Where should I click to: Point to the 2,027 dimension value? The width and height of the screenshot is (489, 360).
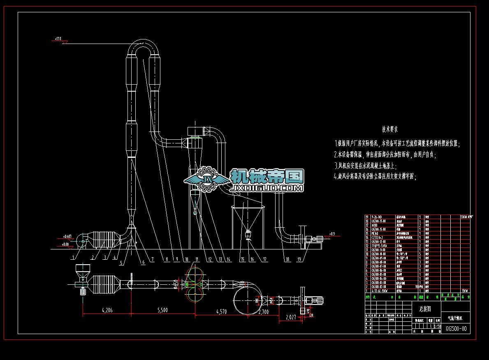(291, 317)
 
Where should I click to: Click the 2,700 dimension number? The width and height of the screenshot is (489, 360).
(263, 312)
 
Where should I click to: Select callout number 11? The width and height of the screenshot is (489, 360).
(197, 259)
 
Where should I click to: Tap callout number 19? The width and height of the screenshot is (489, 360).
(299, 259)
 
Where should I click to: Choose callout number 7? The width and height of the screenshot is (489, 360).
(152, 259)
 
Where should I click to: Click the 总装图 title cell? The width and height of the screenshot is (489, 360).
(425, 307)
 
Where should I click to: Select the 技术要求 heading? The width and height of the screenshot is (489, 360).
(390, 129)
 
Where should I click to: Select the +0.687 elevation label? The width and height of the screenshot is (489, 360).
(67, 236)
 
